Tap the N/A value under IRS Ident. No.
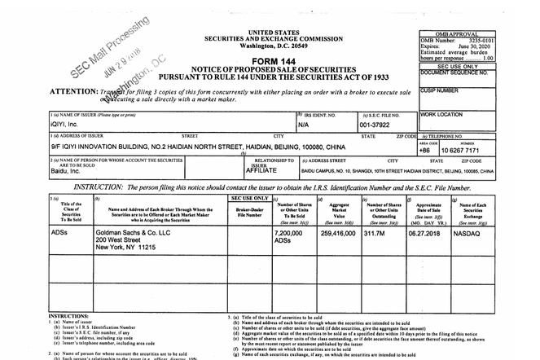point(303,125)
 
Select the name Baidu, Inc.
point(68,173)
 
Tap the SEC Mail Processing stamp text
point(109,45)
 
